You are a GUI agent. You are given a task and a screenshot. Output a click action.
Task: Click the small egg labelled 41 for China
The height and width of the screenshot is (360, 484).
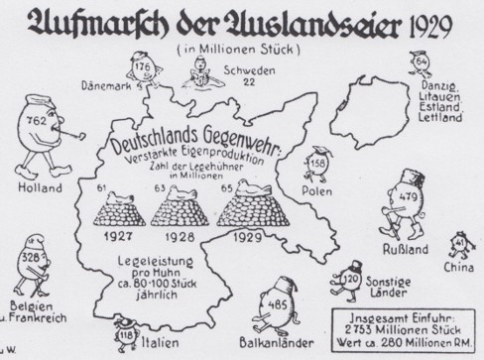click(x=459, y=243)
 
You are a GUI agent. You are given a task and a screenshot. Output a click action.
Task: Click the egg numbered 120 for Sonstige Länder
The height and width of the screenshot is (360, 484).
click(x=349, y=281)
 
